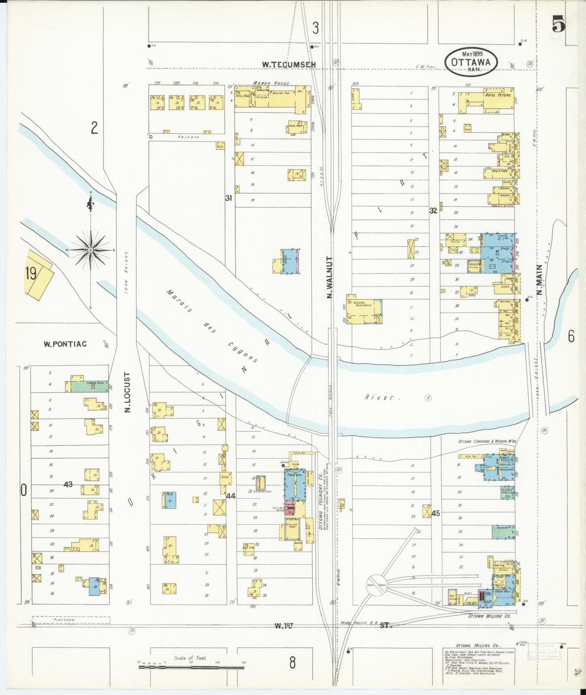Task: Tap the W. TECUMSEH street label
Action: point(288,64)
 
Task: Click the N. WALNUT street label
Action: point(329,277)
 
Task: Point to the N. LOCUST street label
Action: point(127,392)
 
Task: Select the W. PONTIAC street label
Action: point(65,344)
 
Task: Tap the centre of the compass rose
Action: point(90,250)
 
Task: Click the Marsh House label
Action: point(271,83)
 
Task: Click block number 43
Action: point(68,484)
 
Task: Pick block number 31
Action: point(229,198)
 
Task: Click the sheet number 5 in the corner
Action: point(558,24)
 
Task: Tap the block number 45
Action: point(436,513)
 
